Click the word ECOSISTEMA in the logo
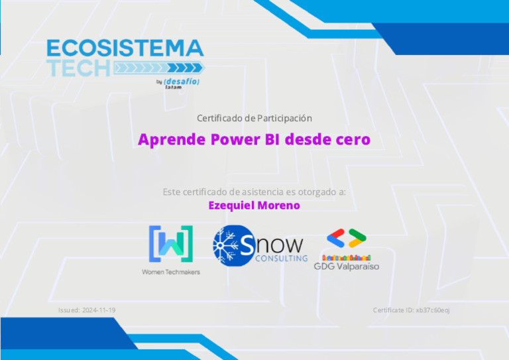[125, 48]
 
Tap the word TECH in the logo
[79, 68]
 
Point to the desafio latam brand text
[181, 84]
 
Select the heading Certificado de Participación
[254, 118]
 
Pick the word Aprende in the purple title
[169, 141]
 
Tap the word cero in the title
[348, 141]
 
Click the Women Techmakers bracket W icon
[170, 244]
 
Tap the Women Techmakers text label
[170, 272]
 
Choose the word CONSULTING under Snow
[281, 258]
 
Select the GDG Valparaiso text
[346, 267]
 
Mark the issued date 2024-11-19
[99, 310]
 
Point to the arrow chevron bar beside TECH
[159, 68]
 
